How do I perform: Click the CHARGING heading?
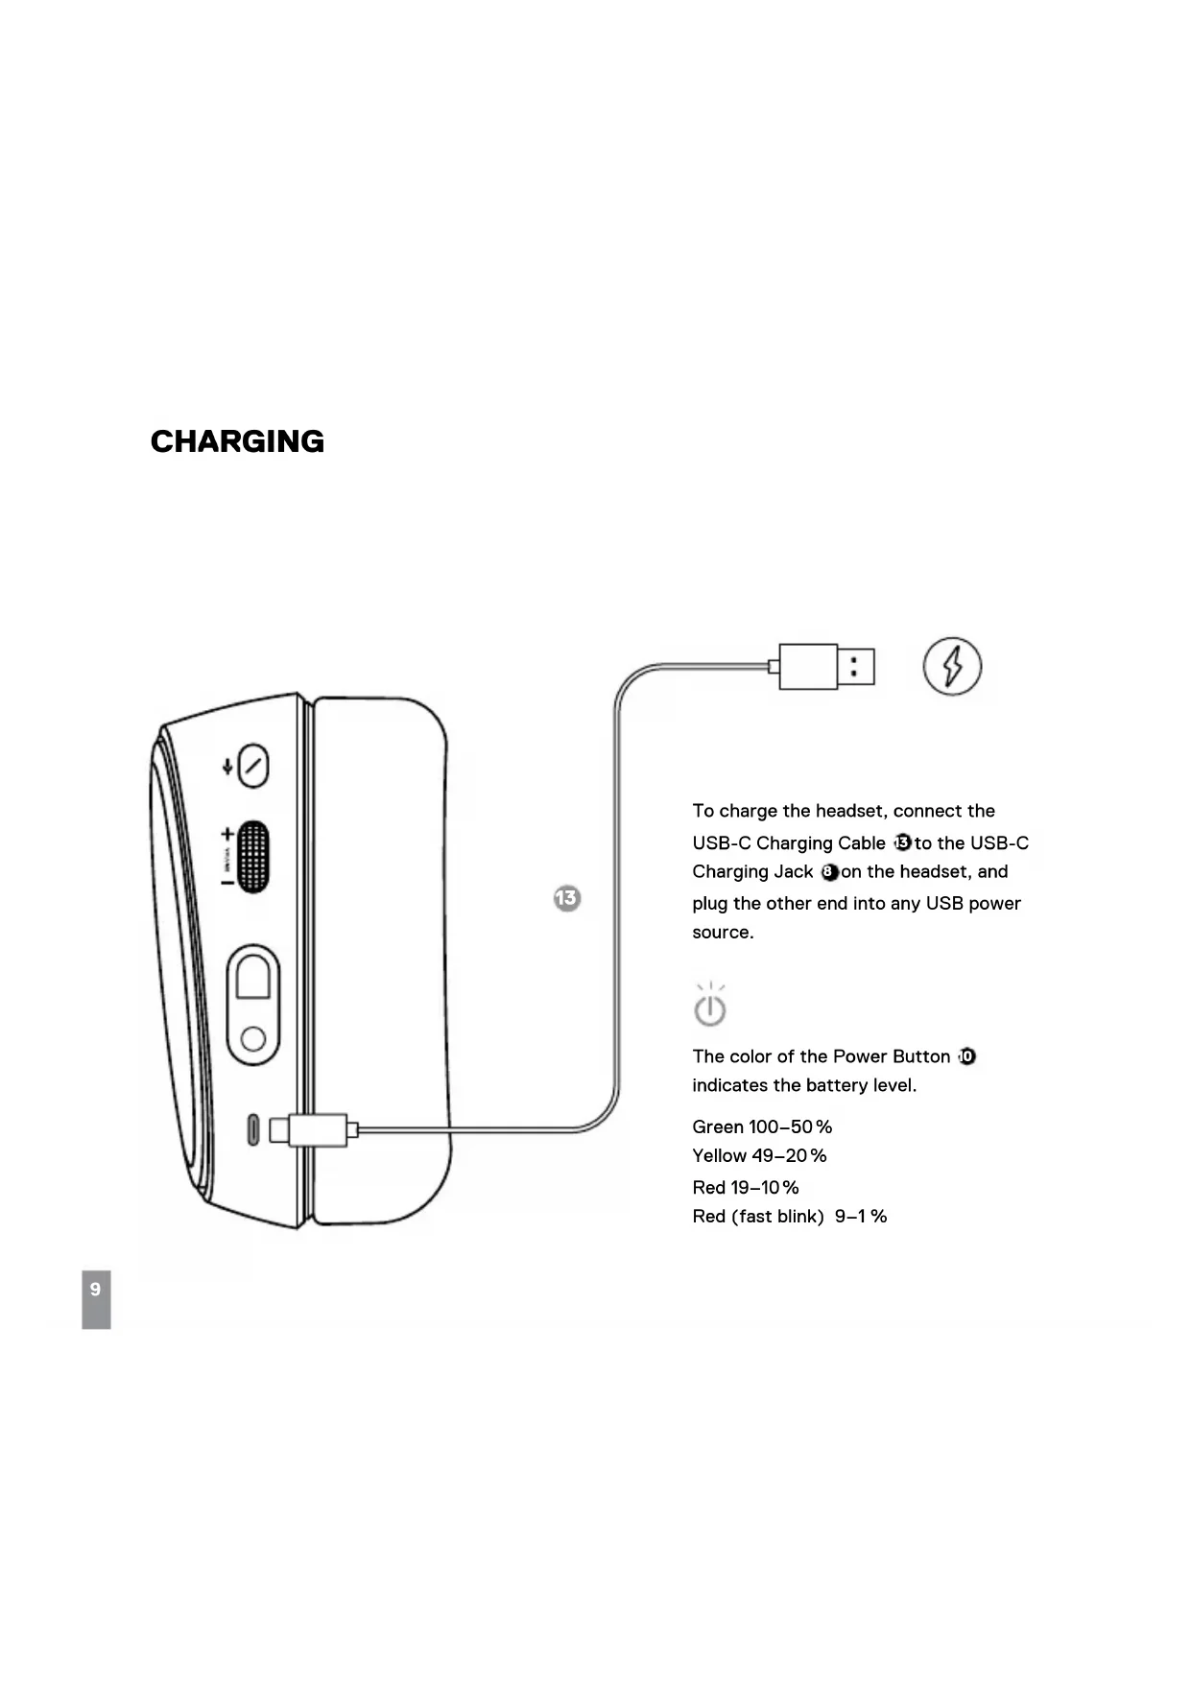(237, 441)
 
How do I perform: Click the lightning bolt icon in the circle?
(952, 666)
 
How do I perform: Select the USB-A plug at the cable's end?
(826, 666)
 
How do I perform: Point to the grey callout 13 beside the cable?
(567, 898)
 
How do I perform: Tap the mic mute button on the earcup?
(252, 766)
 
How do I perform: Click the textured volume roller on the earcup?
(251, 857)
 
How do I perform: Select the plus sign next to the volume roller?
(227, 835)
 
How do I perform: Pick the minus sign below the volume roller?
(227, 882)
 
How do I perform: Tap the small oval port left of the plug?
(253, 1129)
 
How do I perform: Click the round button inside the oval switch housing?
(253, 1038)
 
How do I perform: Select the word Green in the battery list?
(718, 1126)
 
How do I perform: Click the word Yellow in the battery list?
(720, 1155)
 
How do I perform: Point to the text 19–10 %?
(765, 1187)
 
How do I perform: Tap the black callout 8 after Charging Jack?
(829, 872)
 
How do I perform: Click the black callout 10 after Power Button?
(966, 1056)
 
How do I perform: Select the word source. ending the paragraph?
(723, 932)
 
